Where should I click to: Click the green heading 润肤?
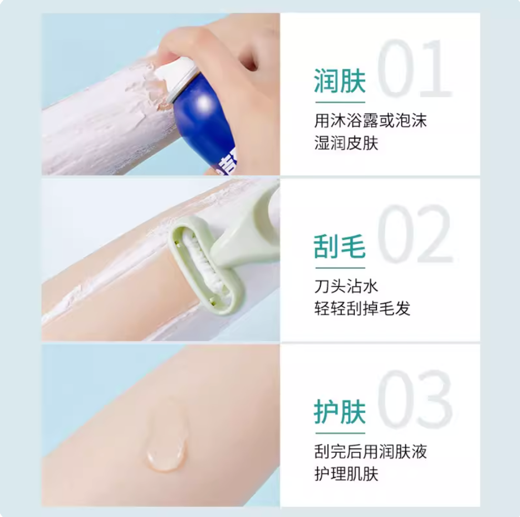[x=340, y=81]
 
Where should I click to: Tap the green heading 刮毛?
[x=340, y=246]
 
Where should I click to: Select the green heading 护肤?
[x=340, y=412]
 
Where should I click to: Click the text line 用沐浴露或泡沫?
[x=370, y=121]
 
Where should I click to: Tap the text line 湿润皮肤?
[x=346, y=143]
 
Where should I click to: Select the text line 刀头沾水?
[x=346, y=286]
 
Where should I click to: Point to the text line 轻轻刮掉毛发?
[x=363, y=309]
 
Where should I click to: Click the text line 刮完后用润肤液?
[x=370, y=452]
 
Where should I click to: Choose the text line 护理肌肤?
[x=346, y=474]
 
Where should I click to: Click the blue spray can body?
[x=206, y=126]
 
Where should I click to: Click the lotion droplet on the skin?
[x=166, y=444]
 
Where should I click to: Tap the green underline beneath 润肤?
[x=340, y=102]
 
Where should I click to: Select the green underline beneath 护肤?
[x=340, y=433]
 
